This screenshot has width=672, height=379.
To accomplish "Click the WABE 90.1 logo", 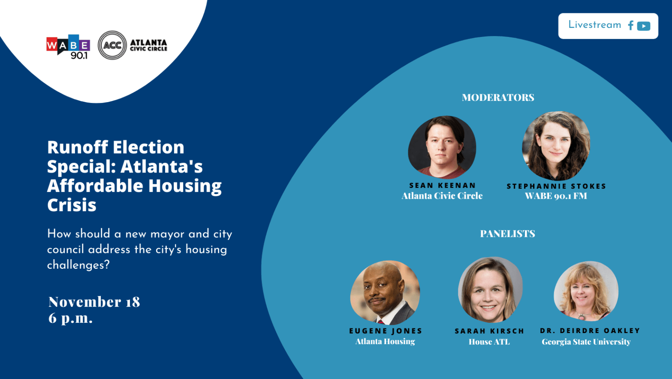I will [x=68, y=46].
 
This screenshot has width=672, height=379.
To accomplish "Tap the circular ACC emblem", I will [x=112, y=45].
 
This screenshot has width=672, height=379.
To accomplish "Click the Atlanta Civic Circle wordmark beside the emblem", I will [x=148, y=45].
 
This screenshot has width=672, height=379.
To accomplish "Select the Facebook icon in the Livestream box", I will [x=630, y=26].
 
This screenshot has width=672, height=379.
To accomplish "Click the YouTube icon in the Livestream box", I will [x=644, y=26].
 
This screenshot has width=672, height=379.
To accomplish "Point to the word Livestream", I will [x=594, y=25].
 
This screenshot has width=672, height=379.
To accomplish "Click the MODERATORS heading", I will [x=498, y=97].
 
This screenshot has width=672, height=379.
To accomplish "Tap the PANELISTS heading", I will [x=507, y=234].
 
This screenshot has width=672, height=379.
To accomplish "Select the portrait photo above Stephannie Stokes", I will [x=556, y=146].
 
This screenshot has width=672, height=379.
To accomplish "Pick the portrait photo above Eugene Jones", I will [x=385, y=292].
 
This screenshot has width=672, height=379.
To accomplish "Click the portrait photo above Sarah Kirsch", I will [x=490, y=290].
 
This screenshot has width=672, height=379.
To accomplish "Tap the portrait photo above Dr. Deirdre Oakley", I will [x=586, y=291].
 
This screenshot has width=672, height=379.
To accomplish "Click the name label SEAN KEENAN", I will [x=443, y=185].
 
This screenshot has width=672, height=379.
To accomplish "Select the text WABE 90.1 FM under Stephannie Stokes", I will [x=556, y=196].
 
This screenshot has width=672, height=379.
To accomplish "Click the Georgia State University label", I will [x=586, y=342].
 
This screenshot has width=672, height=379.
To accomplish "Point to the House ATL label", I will [x=489, y=342].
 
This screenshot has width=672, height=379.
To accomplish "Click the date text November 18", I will [x=94, y=302].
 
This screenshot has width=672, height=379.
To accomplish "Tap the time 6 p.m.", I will [x=71, y=318].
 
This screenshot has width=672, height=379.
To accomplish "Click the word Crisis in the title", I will [x=72, y=205].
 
